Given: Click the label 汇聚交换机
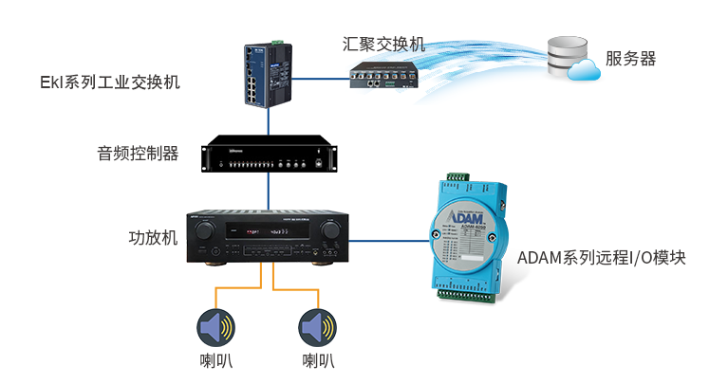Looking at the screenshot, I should (383, 44).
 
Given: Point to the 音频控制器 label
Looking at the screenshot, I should (138, 153).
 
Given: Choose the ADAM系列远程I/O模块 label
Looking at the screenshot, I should (601, 258).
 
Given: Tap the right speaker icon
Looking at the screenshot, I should (317, 327).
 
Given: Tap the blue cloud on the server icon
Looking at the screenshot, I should (587, 69).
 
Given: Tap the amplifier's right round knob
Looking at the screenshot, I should (330, 230).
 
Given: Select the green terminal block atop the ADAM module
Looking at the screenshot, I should (455, 178).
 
